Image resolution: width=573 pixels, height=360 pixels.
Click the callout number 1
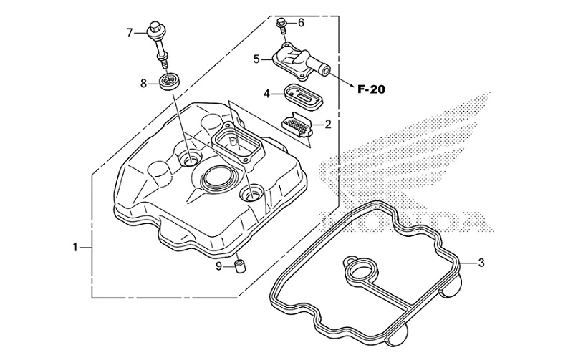[x=75, y=248]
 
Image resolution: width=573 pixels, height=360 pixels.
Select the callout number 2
[x=328, y=125]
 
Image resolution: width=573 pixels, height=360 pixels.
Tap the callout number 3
[x=481, y=263]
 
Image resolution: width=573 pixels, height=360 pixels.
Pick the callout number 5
[x=256, y=59]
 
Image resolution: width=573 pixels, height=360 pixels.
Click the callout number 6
[x=301, y=23]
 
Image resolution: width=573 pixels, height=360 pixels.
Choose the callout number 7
[x=130, y=32]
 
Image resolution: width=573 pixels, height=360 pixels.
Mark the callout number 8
[x=143, y=84]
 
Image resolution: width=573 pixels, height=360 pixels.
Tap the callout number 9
[x=219, y=266]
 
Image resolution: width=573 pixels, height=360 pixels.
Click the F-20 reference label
[x=372, y=89]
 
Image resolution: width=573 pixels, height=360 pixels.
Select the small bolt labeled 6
[x=283, y=26]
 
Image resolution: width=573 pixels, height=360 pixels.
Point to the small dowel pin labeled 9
[x=240, y=267]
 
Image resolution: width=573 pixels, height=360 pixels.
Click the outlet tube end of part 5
[x=325, y=71]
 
